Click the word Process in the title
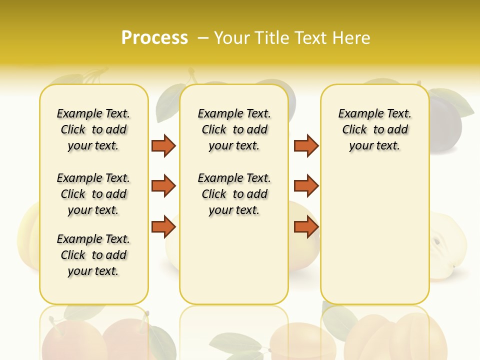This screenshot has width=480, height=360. (154, 37)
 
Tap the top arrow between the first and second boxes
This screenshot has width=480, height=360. (163, 145)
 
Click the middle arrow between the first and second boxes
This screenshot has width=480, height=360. (163, 186)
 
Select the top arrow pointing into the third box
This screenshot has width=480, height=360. (306, 145)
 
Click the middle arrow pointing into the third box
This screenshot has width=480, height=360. (306, 186)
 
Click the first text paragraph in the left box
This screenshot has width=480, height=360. (93, 129)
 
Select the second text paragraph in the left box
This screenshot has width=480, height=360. (93, 194)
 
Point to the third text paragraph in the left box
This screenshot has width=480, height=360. (93, 255)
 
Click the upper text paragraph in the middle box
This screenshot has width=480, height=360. (234, 129)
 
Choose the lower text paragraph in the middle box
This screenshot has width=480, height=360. (234, 194)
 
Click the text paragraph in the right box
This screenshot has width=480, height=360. (374, 129)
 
